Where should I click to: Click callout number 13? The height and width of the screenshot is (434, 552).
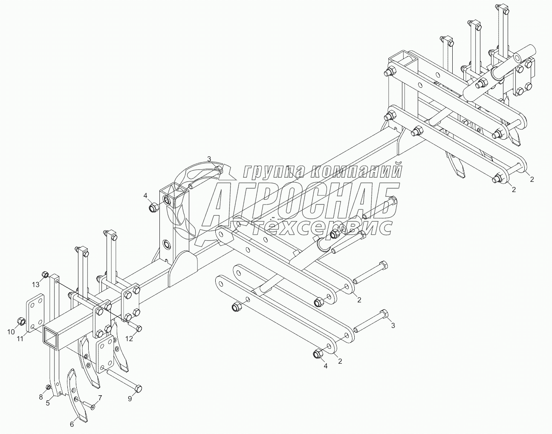tap(36, 284)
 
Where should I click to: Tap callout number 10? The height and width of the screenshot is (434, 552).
tap(12, 331)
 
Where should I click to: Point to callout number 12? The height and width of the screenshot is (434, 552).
tap(130, 339)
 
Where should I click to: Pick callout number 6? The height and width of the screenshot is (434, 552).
tap(72, 424)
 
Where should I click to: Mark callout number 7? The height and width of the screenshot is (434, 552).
tap(100, 398)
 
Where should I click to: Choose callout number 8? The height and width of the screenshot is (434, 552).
tap(41, 397)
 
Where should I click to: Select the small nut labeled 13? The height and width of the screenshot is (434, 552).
tap(45, 274)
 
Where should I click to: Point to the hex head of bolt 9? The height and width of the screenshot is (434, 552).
tap(138, 388)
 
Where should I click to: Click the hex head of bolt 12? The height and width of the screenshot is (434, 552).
tap(139, 328)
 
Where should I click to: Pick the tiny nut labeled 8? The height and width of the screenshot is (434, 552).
tap(48, 387)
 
